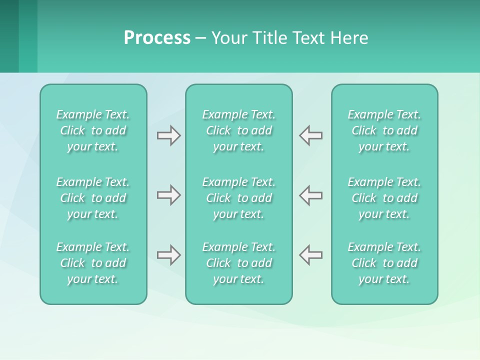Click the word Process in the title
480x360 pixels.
point(157,38)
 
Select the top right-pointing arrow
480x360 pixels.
point(168,135)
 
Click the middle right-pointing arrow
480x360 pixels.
point(168,195)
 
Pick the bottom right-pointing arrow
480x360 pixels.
point(168,255)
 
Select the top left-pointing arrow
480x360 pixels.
point(311,135)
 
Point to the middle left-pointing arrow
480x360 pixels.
point(311,195)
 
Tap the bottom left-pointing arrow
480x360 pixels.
point(311,255)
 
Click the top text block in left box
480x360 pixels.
point(93,130)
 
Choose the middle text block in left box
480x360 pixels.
point(93,198)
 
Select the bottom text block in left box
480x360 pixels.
point(93,263)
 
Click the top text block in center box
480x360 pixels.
point(238,130)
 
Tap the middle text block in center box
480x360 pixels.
point(238,198)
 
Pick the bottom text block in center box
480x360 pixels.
point(238,263)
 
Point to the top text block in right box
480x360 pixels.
point(384,130)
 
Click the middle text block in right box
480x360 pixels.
point(384,198)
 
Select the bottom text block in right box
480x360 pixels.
point(384,263)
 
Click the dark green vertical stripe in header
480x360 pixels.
point(9,36)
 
